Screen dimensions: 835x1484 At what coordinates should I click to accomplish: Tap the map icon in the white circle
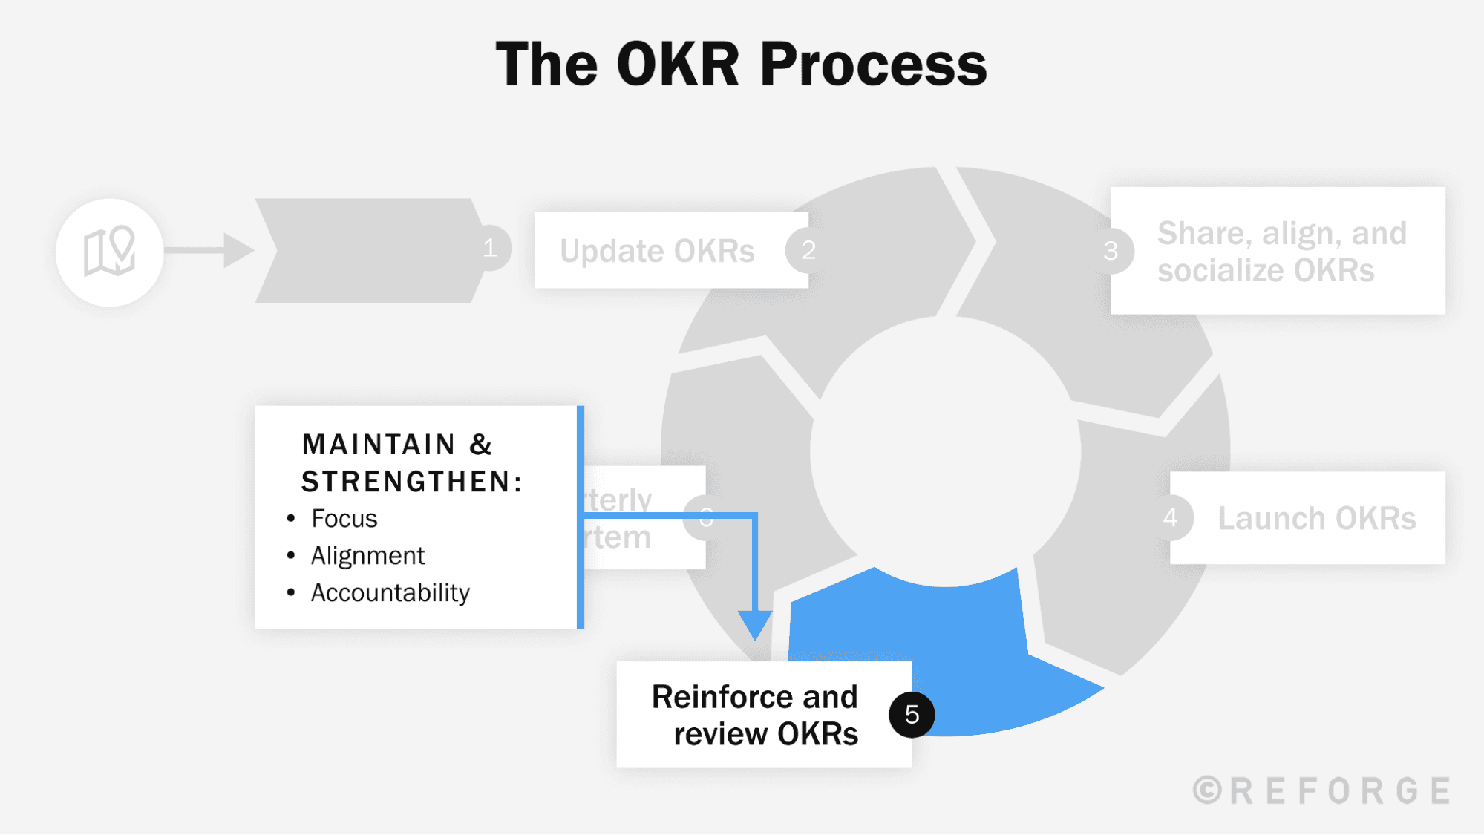pos(109,252)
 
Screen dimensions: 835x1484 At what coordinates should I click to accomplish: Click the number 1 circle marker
pos(490,248)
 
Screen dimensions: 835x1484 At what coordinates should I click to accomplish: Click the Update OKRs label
pos(657,251)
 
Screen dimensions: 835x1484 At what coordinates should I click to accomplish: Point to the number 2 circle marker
pos(808,250)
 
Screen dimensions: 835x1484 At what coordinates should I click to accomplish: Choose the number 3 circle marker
pos(1111,251)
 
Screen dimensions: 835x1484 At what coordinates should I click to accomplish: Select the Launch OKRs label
pos(1316,518)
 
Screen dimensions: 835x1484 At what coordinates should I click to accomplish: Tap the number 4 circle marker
pos(1171,517)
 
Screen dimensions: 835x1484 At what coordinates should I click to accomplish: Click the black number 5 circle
pos(912,714)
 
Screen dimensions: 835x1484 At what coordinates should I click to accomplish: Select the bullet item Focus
pos(344,518)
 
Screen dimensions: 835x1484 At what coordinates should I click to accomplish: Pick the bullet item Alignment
pos(367,555)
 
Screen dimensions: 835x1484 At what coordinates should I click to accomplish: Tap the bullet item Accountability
pos(390,592)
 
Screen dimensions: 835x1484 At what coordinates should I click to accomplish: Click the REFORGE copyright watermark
pos(1321,790)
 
